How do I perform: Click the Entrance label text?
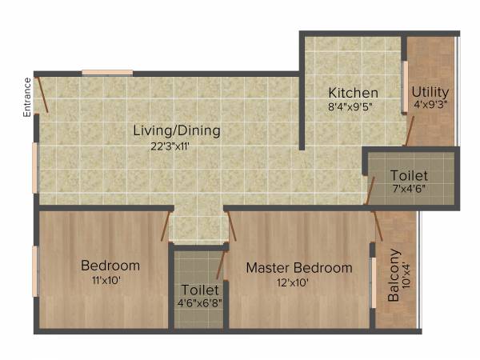click(27, 98)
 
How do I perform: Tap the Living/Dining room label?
click(177, 130)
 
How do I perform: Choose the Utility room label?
click(430, 92)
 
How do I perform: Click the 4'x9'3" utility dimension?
click(430, 105)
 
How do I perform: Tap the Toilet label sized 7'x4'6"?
click(409, 175)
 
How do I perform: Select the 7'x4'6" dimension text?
click(409, 189)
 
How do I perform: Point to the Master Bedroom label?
click(298, 268)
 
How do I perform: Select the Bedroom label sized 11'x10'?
click(110, 266)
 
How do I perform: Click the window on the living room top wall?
click(107, 73)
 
